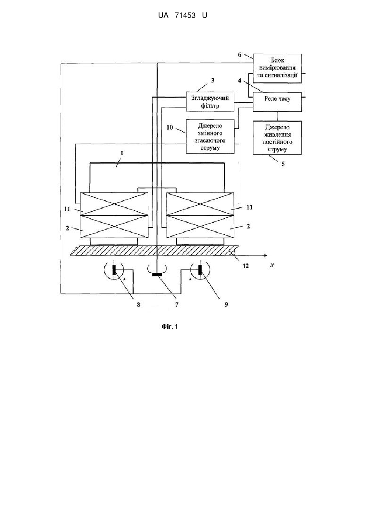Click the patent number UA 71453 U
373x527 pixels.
(183, 16)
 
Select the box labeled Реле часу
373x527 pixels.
(277, 102)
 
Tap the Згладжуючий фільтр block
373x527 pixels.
(210, 102)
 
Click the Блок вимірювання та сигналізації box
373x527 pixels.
(277, 68)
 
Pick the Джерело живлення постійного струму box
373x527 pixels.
(277, 138)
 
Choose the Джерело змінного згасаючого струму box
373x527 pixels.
(210, 137)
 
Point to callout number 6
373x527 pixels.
(240, 55)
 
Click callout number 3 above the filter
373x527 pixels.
(212, 81)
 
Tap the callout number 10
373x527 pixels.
(170, 128)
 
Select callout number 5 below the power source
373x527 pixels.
(283, 164)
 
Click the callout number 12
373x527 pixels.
(245, 266)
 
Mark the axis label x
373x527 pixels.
(272, 265)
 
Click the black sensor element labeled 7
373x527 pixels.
(157, 274)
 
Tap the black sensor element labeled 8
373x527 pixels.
(114, 270)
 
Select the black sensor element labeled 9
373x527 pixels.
(200, 270)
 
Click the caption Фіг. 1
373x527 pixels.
(170, 327)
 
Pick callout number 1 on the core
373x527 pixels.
(122, 153)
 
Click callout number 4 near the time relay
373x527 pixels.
(240, 81)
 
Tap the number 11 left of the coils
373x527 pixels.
(67, 209)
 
